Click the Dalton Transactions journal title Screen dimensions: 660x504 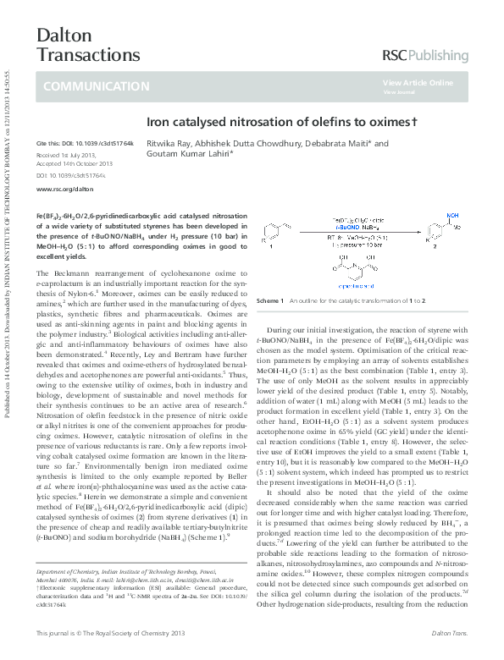click(x=76, y=45)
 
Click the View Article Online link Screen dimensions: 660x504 click(x=418, y=83)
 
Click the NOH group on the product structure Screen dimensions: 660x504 click(x=455, y=216)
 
